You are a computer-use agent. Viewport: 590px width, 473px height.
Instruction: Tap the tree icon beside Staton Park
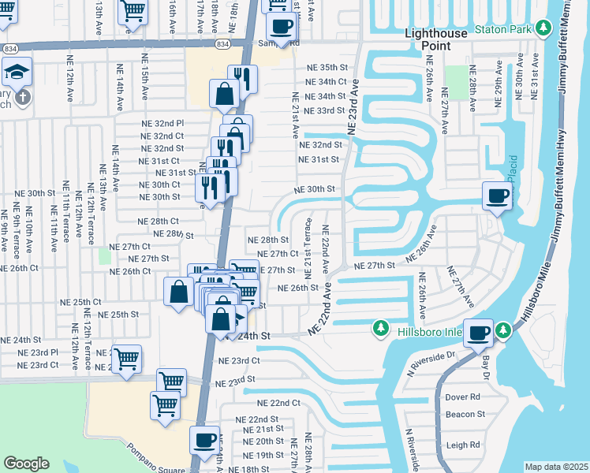543,29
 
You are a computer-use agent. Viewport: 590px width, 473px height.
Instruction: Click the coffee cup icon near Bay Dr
478,332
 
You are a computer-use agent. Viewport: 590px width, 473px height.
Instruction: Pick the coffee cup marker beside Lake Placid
497,195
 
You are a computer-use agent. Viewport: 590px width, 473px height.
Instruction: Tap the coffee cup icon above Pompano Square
204,439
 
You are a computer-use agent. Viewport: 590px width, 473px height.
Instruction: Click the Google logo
26,464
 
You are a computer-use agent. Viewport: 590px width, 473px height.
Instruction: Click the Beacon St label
465,414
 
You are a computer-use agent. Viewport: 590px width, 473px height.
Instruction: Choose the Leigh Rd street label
462,445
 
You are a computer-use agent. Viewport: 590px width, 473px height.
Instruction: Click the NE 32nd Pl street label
162,124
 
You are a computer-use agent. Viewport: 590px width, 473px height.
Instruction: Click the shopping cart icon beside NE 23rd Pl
126,359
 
